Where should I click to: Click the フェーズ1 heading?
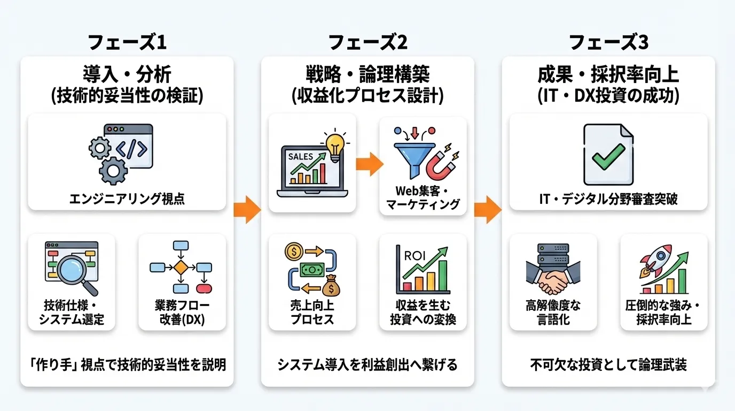coord(127,42)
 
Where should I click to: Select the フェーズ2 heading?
coord(367,42)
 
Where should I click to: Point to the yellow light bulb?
coord(335,144)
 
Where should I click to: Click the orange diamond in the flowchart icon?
coord(181,267)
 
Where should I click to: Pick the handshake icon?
coord(553,278)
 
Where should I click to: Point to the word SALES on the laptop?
coord(301,157)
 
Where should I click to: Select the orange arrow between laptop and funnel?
coord(368,164)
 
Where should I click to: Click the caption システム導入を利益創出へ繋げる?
coord(367,365)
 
